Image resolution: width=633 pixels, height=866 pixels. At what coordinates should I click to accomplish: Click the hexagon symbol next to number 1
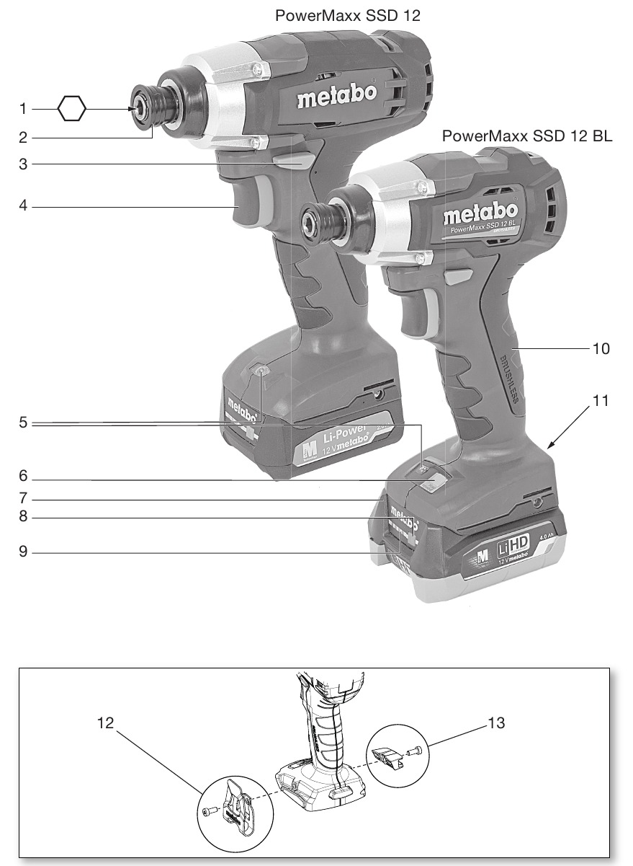[71, 110]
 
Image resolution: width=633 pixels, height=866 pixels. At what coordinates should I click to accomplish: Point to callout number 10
[601, 348]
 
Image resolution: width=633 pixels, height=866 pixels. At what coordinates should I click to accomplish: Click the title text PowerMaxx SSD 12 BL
[527, 136]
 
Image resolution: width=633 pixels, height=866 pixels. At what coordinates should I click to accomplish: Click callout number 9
[23, 553]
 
